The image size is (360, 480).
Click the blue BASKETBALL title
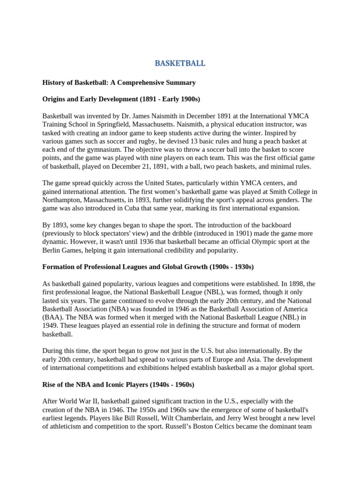click(x=180, y=63)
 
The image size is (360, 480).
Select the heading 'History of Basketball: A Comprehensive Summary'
click(x=119, y=82)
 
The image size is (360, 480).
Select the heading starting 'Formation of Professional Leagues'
click(x=148, y=267)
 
